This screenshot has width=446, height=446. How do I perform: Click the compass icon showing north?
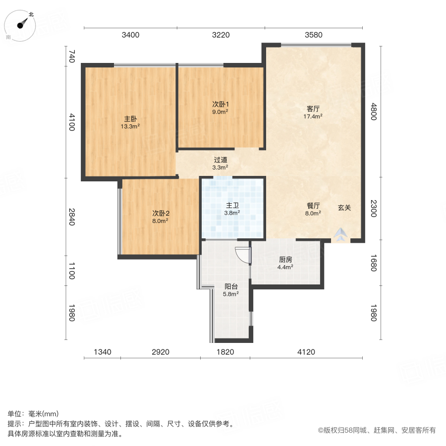click(22, 24)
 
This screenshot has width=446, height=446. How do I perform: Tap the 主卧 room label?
click(130, 119)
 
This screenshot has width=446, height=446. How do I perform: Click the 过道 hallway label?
click(221, 160)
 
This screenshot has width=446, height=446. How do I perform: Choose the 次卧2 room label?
click(161, 214)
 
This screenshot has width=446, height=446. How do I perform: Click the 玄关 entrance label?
click(344, 208)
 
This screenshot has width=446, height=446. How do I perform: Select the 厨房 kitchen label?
click(285, 259)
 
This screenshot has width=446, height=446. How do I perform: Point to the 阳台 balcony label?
click(231, 286)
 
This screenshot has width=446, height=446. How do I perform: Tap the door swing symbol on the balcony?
click(242, 255)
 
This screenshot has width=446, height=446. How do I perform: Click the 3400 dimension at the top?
click(131, 35)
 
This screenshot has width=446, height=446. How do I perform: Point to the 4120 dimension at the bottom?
click(306, 352)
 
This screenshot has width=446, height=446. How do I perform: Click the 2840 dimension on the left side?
click(71, 217)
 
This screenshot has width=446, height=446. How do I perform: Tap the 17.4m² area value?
click(313, 116)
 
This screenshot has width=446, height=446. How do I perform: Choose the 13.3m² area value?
click(130, 126)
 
